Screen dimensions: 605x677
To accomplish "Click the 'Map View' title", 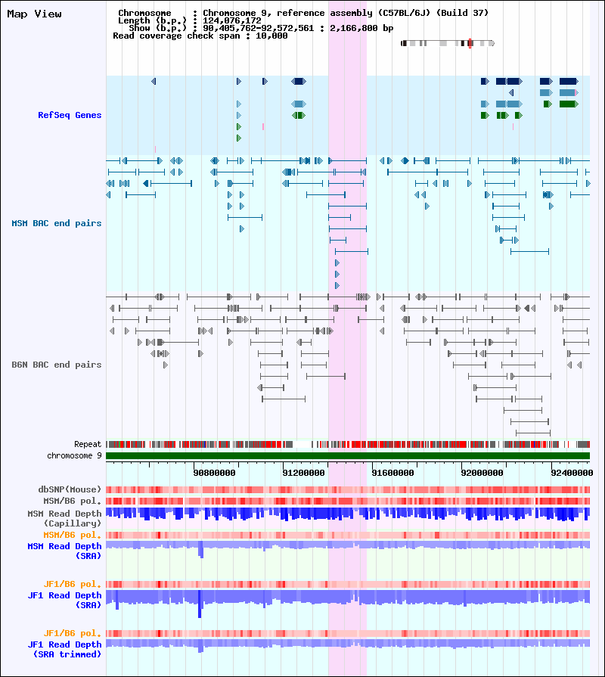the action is point(34,14).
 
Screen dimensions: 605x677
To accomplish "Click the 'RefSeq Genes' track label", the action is point(70,115).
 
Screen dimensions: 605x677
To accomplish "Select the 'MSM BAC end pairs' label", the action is point(57,223).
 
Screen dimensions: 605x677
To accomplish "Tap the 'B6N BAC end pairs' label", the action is point(57,365).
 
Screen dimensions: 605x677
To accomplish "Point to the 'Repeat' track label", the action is point(88,444).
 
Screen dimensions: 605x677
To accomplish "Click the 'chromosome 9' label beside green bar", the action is point(74,455).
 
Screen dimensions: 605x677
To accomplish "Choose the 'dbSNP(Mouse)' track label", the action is point(70,489).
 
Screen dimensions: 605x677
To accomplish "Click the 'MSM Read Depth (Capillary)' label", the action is point(65,518).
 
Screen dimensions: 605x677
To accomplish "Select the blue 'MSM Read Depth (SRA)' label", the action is point(65,551).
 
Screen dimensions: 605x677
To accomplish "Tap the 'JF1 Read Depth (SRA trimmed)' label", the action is point(65,649).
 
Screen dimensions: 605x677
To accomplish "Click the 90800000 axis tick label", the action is point(214,473).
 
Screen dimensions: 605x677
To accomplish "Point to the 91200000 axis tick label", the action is point(303,473).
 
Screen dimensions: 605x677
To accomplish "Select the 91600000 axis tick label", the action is point(392,473).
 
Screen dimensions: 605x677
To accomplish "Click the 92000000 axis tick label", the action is point(482,473).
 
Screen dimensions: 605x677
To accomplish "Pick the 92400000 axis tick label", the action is point(572,473).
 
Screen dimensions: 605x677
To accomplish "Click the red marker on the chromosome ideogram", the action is point(470,43).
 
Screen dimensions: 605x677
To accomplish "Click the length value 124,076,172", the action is point(232,20).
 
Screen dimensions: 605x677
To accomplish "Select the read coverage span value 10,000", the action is point(271,36).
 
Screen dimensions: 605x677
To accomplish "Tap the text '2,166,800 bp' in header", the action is point(361,28).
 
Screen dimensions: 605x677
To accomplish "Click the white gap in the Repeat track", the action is point(302,444).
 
